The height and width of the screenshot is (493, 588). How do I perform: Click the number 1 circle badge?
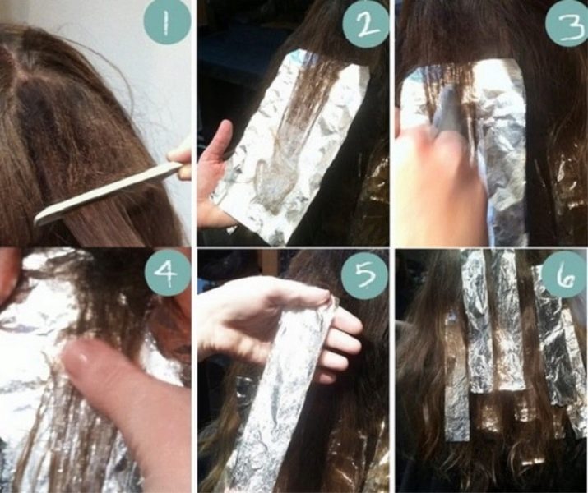(x=167, y=22)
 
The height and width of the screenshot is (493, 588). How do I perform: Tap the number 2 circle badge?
(x=365, y=24)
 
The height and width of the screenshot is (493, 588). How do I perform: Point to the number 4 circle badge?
(x=168, y=272)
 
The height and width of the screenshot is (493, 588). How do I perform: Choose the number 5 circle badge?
(x=364, y=275)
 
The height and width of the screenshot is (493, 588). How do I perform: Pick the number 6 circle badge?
(x=565, y=274)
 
